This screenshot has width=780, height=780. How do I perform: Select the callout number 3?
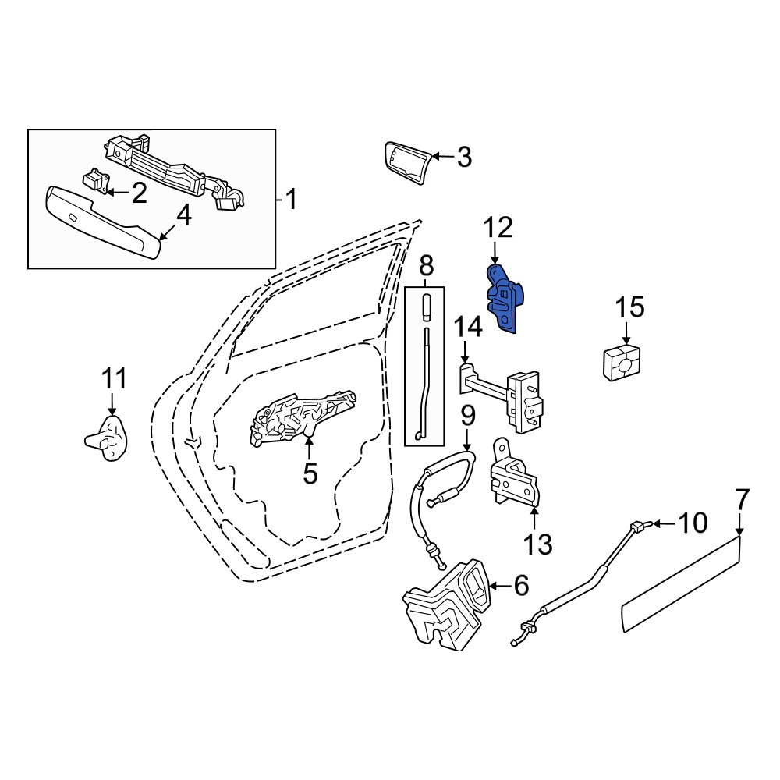(463, 158)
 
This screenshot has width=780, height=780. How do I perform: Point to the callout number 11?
(114, 378)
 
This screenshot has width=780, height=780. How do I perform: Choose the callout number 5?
(310, 473)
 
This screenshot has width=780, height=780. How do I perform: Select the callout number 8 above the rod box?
(427, 266)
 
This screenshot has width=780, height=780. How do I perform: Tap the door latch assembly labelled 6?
(448, 604)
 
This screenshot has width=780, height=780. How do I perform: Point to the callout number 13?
(537, 544)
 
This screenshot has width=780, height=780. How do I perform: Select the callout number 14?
(468, 328)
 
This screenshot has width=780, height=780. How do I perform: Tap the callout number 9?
(467, 417)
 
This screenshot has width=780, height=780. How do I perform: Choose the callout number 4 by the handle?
(183, 216)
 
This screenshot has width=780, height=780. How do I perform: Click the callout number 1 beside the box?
(291, 199)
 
